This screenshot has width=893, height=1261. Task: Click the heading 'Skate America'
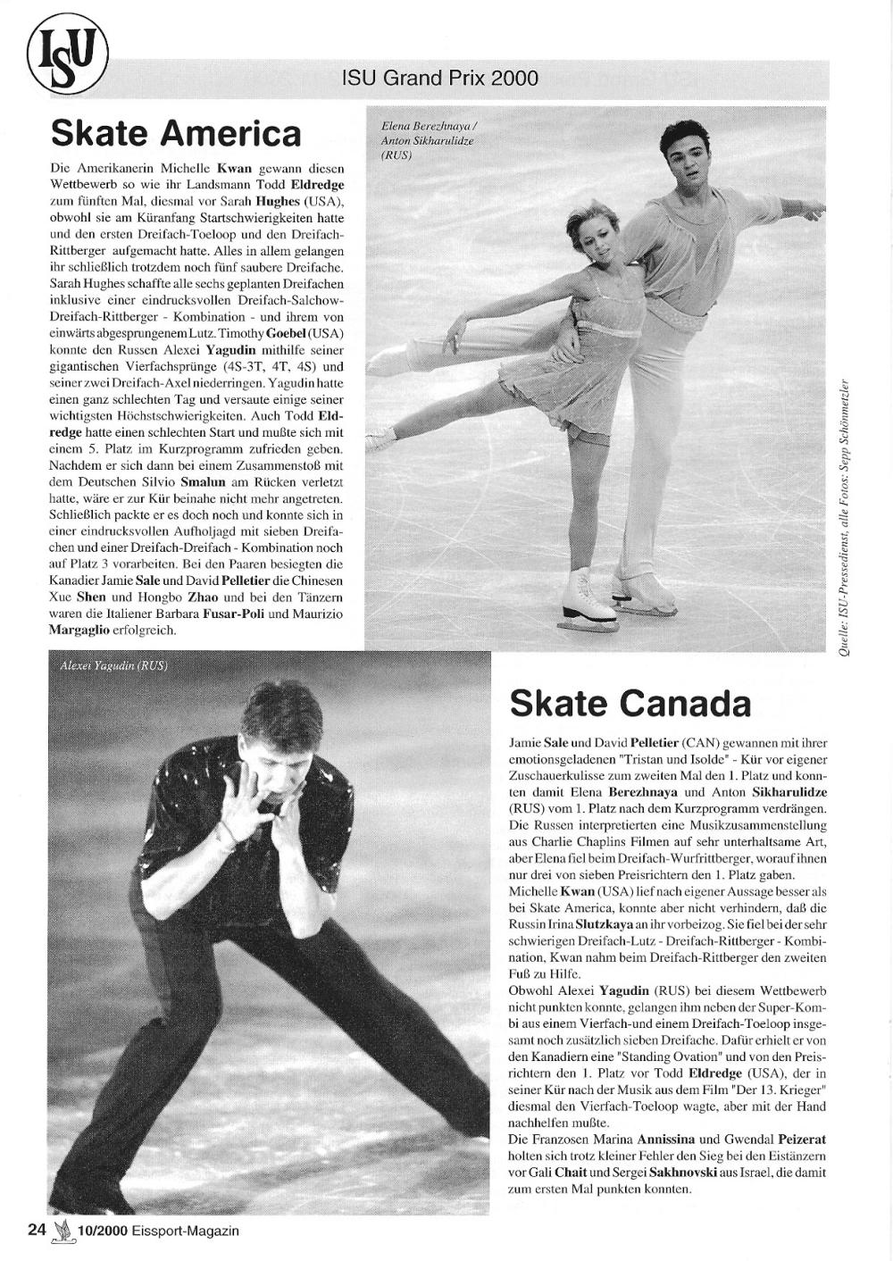(176, 134)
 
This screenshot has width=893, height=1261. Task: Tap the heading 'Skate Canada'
(630, 704)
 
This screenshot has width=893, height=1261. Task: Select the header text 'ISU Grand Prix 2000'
(440, 79)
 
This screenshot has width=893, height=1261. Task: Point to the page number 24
(36, 1230)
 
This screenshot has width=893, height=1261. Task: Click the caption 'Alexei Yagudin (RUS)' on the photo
(113, 666)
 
